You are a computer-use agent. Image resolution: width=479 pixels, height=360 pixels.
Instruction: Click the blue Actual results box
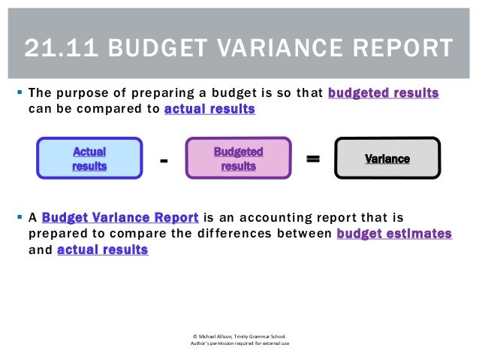[x=89, y=159]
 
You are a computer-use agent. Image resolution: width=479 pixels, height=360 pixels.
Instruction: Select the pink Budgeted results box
[x=238, y=159]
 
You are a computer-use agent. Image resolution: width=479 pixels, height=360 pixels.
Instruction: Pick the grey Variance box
[x=387, y=159]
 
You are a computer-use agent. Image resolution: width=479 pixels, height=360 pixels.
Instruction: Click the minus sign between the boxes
[x=164, y=161]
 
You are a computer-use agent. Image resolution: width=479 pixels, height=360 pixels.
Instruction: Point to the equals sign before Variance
[x=313, y=159]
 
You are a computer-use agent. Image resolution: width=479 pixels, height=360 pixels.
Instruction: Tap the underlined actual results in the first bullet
[x=209, y=109]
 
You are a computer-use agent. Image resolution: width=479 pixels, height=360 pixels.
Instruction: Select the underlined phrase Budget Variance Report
[x=120, y=219]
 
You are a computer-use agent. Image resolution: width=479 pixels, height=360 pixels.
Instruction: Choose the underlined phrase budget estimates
[x=394, y=234]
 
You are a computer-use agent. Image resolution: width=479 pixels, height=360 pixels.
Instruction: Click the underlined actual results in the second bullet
[x=102, y=250]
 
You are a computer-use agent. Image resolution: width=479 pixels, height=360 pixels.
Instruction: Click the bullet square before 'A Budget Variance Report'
[x=17, y=219]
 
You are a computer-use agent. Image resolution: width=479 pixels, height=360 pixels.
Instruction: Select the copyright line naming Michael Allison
[x=239, y=336]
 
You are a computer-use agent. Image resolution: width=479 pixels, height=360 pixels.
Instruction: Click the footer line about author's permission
[x=239, y=344]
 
